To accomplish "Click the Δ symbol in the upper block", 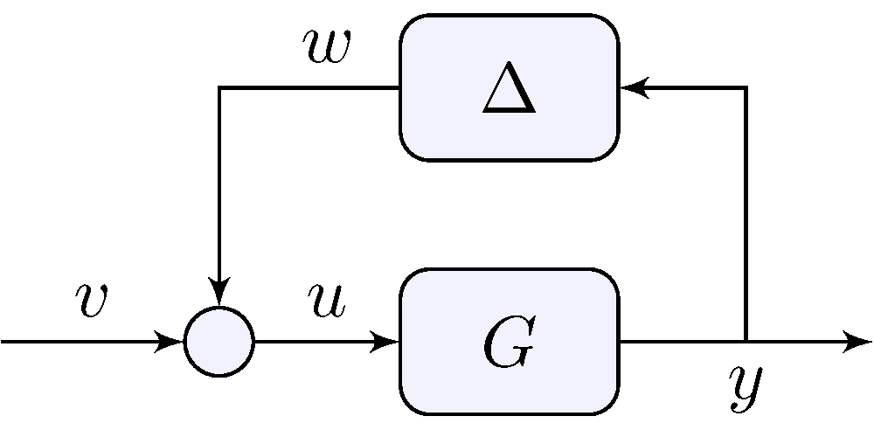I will (x=509, y=89).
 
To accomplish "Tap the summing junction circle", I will (x=219, y=342).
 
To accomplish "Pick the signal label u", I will (x=326, y=300).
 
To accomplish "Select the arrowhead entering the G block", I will (x=387, y=342).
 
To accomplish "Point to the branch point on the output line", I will (x=746, y=342).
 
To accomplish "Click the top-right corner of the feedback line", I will (x=746, y=87).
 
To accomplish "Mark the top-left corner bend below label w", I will (x=219, y=87).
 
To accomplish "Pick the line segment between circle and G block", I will (x=315, y=342).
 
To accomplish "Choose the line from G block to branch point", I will (x=682, y=342).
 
